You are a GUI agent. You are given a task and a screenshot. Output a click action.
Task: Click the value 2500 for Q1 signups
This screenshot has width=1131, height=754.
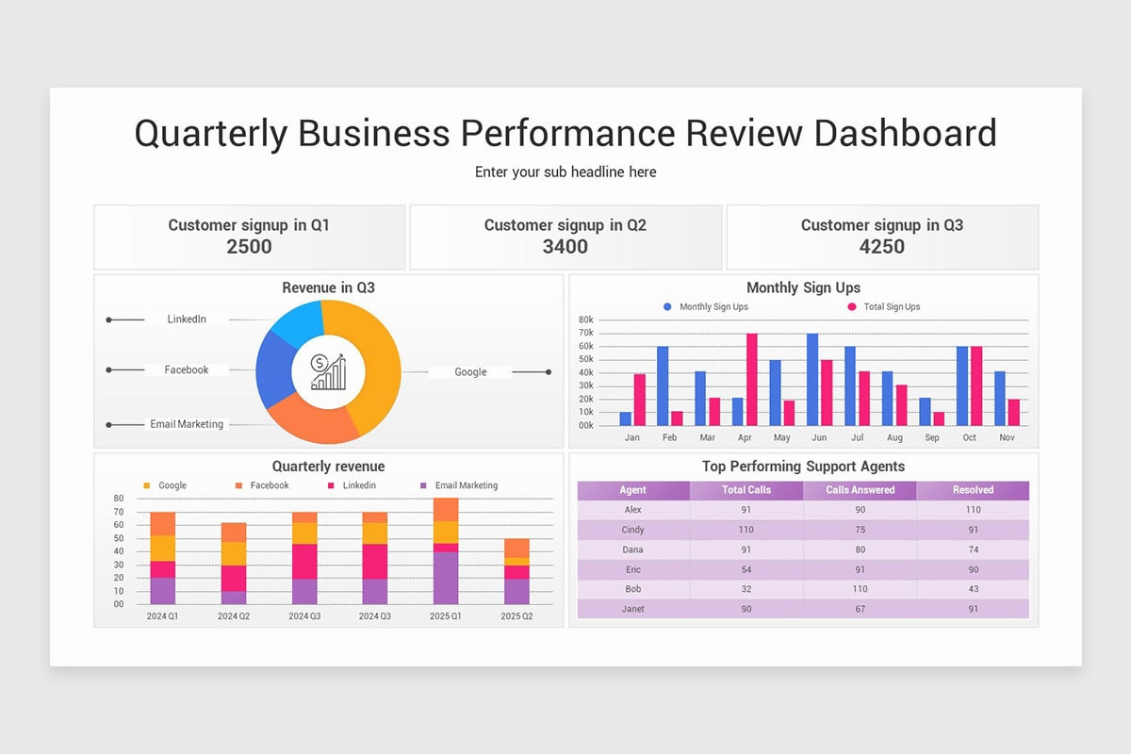(x=249, y=247)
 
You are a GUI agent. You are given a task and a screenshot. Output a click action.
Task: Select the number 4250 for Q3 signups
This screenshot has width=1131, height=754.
(x=881, y=247)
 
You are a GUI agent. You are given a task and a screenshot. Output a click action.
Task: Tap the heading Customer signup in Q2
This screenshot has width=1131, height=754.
(x=565, y=225)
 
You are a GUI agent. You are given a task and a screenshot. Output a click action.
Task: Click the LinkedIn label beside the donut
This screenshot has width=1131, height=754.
(x=187, y=320)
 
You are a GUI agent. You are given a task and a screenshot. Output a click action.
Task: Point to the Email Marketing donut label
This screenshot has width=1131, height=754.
(x=187, y=424)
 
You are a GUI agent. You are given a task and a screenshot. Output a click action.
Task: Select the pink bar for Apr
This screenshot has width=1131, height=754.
(x=751, y=379)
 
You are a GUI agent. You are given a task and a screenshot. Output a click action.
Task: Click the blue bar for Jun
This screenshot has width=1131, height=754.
(x=812, y=379)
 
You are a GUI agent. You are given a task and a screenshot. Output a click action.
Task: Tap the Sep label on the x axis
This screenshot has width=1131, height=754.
(x=931, y=438)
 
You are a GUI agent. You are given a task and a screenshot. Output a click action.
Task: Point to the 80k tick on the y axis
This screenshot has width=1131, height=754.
(x=585, y=320)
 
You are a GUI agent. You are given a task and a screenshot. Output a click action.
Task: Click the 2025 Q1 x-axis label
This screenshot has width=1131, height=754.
(x=445, y=616)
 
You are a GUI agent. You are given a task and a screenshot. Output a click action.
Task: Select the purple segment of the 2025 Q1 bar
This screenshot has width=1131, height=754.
(x=446, y=578)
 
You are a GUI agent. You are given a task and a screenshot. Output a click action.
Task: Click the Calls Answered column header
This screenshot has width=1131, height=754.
(x=860, y=490)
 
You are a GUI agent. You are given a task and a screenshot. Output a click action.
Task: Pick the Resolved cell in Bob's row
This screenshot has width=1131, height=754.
(x=973, y=589)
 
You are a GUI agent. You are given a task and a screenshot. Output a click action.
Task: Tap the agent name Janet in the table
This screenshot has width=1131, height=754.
(x=632, y=609)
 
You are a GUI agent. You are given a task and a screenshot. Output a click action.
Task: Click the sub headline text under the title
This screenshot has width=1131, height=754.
(x=565, y=172)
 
